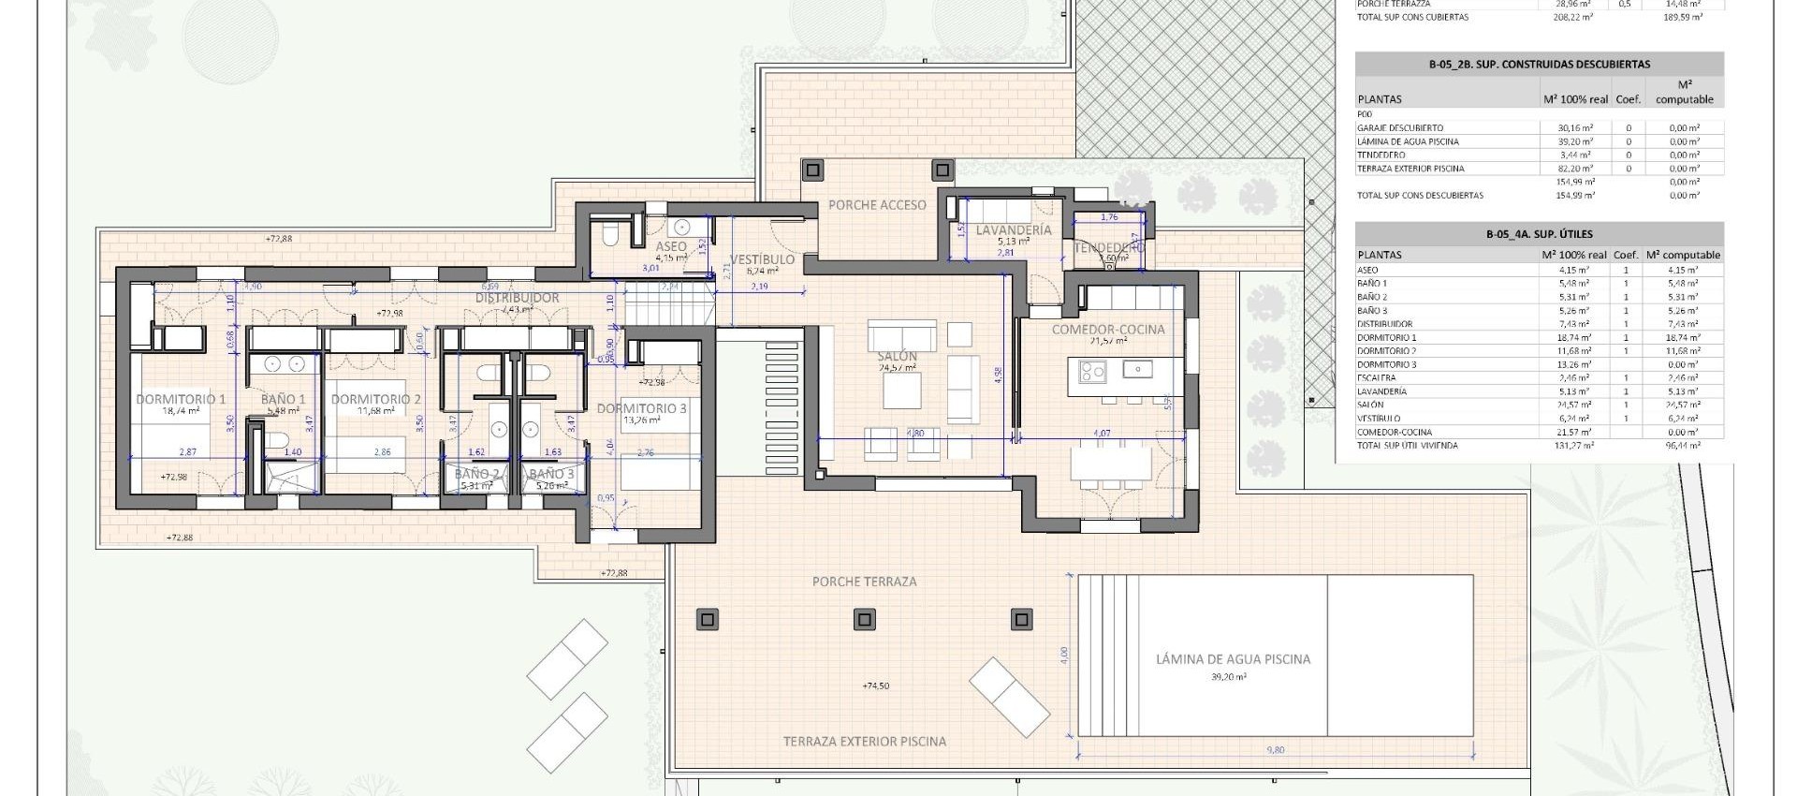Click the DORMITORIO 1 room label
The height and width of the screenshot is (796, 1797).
pyautogui.click(x=181, y=399)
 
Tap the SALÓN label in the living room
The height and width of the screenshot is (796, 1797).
pyautogui.click(x=898, y=357)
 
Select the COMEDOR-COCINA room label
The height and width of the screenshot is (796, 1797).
pyautogui.click(x=1108, y=330)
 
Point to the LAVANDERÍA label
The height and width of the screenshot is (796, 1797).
pyautogui.click(x=1013, y=229)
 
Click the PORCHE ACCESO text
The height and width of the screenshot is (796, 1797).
pyautogui.click(x=877, y=205)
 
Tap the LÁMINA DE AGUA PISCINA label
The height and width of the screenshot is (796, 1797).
pyautogui.click(x=1233, y=659)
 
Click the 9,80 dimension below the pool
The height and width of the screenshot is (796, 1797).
pyautogui.click(x=1277, y=749)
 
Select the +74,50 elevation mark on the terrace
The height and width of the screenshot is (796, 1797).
pyautogui.click(x=875, y=686)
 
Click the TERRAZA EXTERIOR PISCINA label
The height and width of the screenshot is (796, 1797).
pyautogui.click(x=864, y=742)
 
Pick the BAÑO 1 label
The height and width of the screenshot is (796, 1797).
pyautogui.click(x=285, y=399)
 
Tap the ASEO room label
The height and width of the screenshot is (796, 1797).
pyautogui.click(x=671, y=246)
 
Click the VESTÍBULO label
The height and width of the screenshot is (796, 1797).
pyautogui.click(x=762, y=259)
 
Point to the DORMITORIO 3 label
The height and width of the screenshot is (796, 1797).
pyautogui.click(x=641, y=408)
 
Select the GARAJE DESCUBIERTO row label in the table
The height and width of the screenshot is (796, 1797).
pyautogui.click(x=1399, y=128)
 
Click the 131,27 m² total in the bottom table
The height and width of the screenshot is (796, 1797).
pyautogui.click(x=1576, y=446)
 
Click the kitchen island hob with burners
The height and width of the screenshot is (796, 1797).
pyautogui.click(x=1092, y=372)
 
